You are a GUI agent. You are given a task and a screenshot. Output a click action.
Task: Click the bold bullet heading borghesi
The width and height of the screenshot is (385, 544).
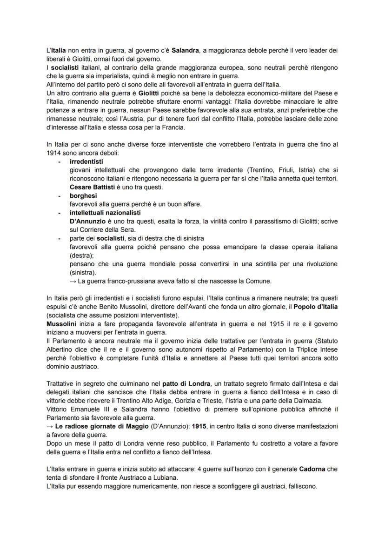click(83, 196)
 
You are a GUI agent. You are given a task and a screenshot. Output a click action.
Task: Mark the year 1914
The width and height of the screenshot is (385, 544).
click(55, 152)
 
